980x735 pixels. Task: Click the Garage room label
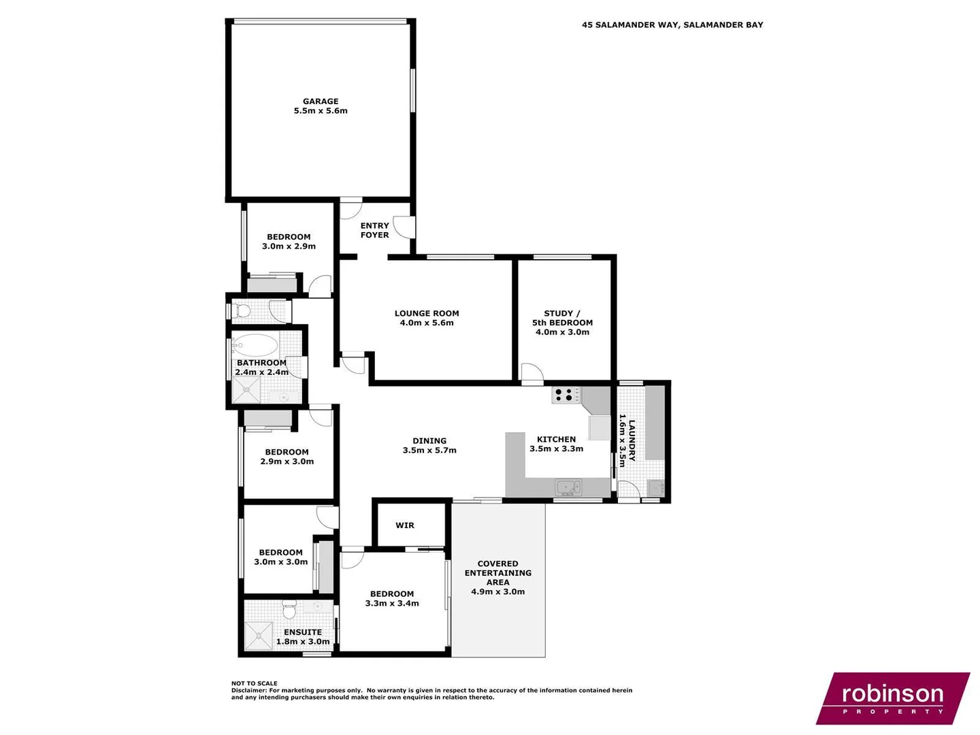tap(321, 101)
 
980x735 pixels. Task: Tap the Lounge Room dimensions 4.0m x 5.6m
tap(427, 323)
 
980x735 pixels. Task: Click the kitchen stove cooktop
tap(566, 395)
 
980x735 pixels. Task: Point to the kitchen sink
tap(567, 487)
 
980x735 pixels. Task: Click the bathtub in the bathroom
tap(255, 345)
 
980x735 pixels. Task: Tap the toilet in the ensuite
tap(289, 606)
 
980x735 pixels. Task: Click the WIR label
tap(405, 525)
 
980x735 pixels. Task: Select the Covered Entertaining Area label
tap(498, 573)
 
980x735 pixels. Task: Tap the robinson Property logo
tap(892, 698)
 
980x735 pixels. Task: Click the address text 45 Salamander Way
tap(672, 25)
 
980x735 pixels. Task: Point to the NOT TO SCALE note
tap(255, 683)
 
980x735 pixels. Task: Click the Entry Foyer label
tap(375, 230)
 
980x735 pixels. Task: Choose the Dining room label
tap(429, 441)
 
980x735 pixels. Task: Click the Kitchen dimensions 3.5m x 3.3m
tap(557, 449)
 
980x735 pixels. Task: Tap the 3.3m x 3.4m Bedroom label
tap(392, 599)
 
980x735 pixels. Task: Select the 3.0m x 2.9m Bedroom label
tap(289, 242)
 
